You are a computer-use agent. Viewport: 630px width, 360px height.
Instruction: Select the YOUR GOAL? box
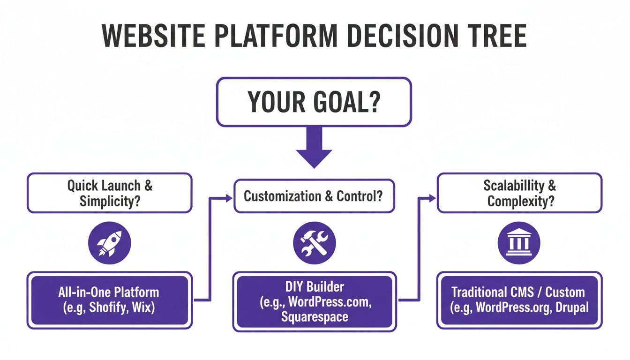[314, 102]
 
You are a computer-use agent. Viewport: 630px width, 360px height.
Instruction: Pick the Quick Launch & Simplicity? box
[110, 193]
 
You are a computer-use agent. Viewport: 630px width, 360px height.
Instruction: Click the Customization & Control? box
[314, 196]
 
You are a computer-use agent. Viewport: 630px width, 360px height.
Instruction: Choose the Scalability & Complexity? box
[519, 193]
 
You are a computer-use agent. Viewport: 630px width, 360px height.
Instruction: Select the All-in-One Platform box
[110, 300]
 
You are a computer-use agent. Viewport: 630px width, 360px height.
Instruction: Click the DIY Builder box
[314, 302]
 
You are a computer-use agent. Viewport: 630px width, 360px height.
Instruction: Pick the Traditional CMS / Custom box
[519, 300]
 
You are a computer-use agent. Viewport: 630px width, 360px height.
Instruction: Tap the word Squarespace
[315, 317]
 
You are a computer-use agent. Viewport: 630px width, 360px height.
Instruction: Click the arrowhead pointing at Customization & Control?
[229, 199]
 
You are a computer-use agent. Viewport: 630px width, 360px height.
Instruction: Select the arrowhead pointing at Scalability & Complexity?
[433, 199]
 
